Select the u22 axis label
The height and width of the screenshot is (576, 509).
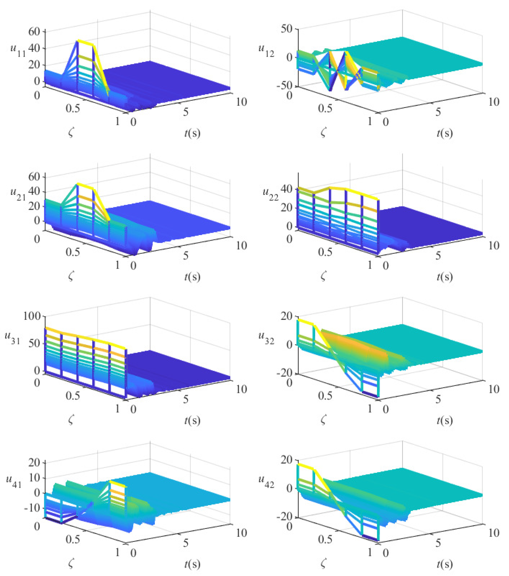click(270, 194)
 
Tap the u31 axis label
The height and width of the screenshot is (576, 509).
click(12, 337)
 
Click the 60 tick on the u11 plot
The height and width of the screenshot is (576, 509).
click(34, 31)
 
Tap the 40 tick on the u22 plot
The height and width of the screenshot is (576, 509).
click(286, 189)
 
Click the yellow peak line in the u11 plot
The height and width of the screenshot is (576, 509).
click(86, 43)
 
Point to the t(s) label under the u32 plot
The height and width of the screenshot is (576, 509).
click(445, 420)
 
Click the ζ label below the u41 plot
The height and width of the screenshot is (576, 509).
click(71, 564)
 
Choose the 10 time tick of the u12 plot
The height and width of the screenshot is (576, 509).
click(494, 102)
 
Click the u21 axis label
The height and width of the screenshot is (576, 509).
click(17, 194)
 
